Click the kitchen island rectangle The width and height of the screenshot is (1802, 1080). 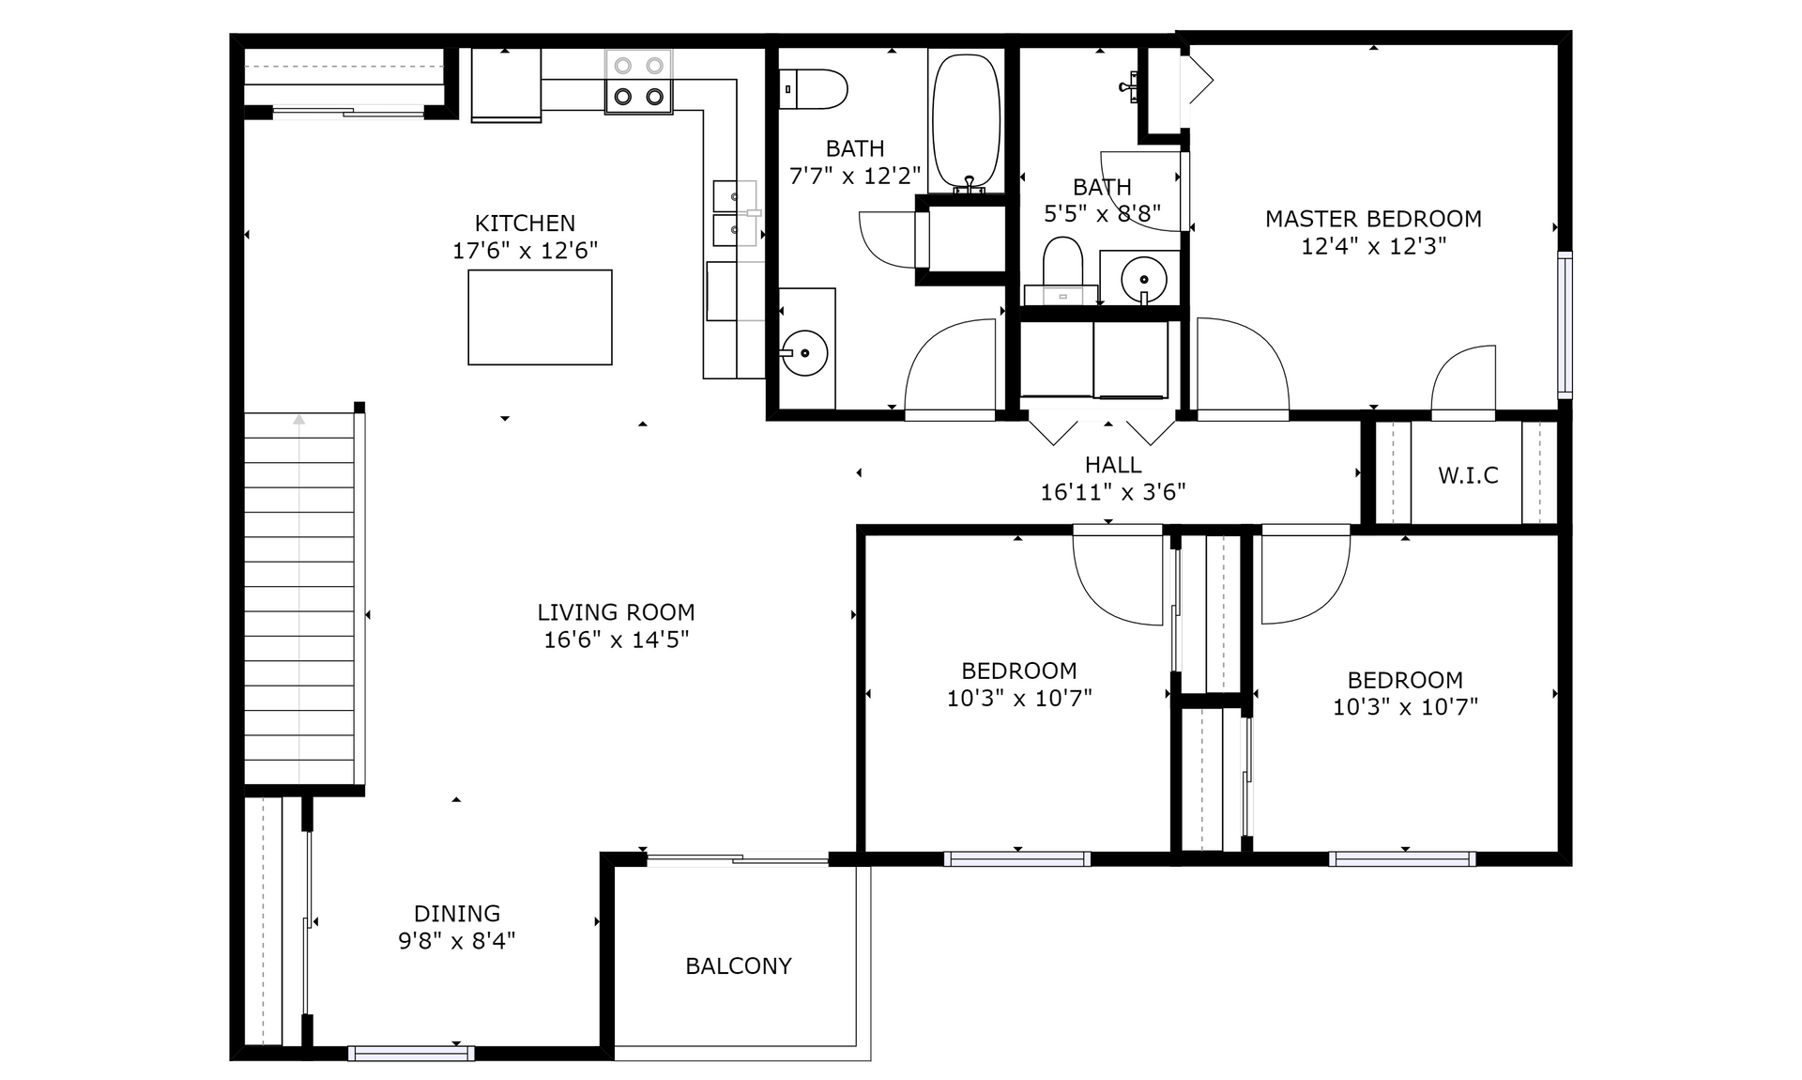540,317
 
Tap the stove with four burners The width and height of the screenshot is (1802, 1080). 639,82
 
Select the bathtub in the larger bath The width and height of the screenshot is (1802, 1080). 966,122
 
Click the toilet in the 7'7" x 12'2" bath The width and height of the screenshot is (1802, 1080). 813,89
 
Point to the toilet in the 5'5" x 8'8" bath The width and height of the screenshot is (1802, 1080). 1062,270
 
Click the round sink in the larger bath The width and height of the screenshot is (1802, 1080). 805,353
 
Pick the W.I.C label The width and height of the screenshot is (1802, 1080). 1468,475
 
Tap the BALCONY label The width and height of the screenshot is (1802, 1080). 739,966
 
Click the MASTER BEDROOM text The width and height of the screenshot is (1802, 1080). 1373,219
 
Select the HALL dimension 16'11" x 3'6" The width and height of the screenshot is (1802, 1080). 1113,492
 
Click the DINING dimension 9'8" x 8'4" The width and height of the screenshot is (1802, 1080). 457,941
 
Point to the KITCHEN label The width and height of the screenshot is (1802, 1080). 525,224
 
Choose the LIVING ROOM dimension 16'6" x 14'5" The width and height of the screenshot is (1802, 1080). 617,640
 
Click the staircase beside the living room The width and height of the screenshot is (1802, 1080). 299,598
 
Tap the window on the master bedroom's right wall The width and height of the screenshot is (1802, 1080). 1565,324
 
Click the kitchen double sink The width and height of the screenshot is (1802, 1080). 735,213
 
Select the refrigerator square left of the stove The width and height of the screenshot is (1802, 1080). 506,85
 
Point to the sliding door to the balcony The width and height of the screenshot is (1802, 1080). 738,857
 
